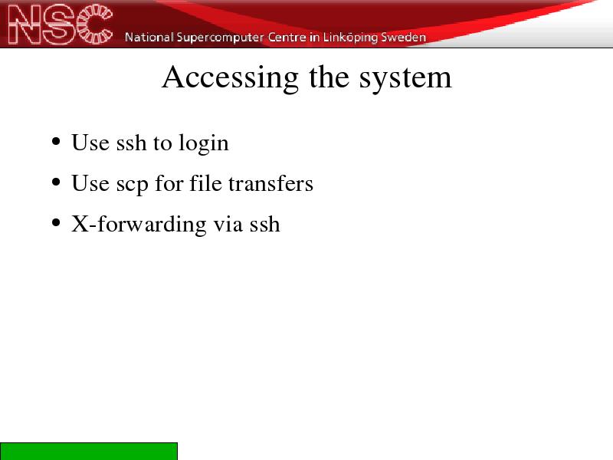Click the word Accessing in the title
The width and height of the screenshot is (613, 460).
pos(231,78)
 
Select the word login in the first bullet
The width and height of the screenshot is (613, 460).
pos(204,143)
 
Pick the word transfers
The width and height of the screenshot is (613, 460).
pos(270,183)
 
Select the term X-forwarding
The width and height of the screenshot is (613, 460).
pos(139,225)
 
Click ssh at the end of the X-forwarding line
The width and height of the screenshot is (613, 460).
pos(264,224)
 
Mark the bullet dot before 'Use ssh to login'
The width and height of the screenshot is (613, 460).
pos(56,142)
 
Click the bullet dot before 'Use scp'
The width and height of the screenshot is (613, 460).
pos(56,182)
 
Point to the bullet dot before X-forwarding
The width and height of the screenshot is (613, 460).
pos(56,223)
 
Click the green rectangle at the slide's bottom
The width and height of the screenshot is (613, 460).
pos(89,452)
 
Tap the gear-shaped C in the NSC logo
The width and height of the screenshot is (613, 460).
pos(95,24)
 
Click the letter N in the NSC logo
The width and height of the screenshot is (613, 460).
pos(25,25)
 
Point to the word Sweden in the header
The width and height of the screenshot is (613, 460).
pos(404,37)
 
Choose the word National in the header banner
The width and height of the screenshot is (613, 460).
pos(149,37)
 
